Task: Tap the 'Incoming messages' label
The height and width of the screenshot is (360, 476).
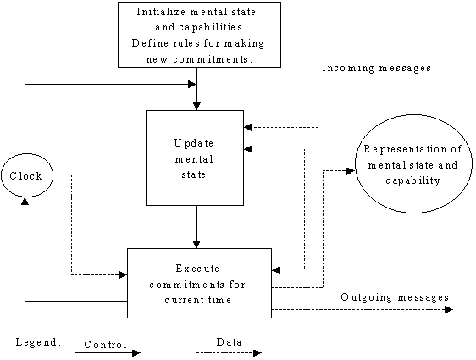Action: point(376,68)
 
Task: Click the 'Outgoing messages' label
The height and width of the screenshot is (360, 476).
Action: point(395,297)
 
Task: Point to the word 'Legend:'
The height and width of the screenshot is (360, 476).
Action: point(39,342)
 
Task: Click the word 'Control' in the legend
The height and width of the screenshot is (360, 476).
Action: point(105,345)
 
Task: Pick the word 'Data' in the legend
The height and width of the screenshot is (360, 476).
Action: point(230,342)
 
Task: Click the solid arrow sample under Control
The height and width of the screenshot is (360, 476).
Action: point(108,352)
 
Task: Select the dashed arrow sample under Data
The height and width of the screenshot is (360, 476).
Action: point(229,352)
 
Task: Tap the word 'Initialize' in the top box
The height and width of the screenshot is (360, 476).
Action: point(161,12)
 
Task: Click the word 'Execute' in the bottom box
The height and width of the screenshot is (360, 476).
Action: point(197,269)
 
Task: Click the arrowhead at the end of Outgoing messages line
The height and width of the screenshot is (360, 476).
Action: point(449,310)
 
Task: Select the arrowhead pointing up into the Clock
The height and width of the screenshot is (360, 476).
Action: point(25,201)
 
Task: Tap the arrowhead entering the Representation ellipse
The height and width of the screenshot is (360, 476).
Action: point(351,171)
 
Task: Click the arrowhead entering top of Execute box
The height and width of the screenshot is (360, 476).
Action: point(196,244)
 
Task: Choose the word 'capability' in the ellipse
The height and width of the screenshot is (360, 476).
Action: point(413,180)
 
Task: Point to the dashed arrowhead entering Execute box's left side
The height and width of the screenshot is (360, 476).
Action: point(123,275)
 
